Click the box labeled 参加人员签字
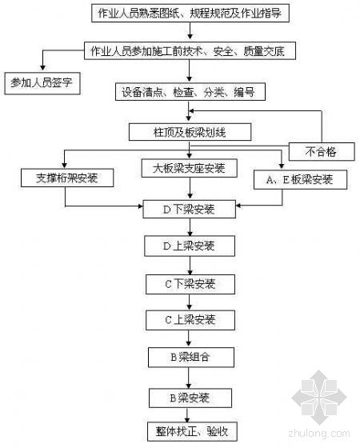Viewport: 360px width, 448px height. (x=42, y=83)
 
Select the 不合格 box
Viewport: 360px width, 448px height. (x=322, y=152)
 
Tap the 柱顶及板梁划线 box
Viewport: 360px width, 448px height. (x=190, y=132)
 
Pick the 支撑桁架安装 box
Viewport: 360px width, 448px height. (x=67, y=178)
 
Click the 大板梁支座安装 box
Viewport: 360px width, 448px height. (x=189, y=168)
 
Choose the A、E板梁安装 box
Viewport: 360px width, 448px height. (x=300, y=179)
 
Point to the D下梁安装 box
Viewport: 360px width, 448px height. (x=189, y=210)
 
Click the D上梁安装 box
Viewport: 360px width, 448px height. (x=190, y=246)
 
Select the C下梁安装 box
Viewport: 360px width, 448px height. (x=190, y=284)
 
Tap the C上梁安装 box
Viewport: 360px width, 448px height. (x=190, y=320)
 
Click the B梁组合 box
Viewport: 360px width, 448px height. (x=191, y=357)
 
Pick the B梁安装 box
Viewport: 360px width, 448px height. (x=190, y=398)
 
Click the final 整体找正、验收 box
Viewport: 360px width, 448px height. (x=192, y=431)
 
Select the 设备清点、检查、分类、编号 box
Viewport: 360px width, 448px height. (x=190, y=92)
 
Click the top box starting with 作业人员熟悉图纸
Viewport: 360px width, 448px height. (x=190, y=13)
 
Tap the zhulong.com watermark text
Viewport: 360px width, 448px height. (x=319, y=433)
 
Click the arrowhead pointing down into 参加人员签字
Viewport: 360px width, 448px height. (x=43, y=67)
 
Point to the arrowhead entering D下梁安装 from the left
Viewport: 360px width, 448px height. (x=140, y=206)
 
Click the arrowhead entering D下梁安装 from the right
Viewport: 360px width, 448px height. (x=239, y=206)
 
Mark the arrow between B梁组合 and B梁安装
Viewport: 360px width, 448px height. (x=188, y=378)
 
